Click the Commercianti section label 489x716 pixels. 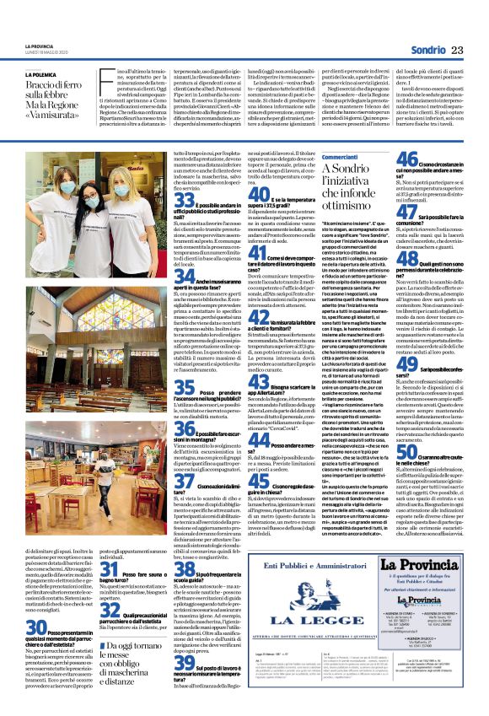pos(340,157)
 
